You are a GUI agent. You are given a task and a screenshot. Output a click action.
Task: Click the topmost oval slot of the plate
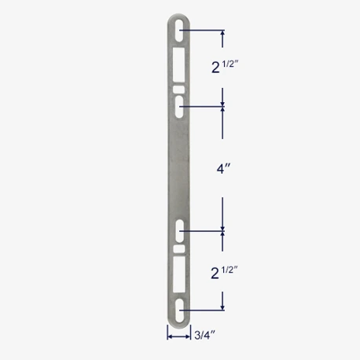coord(179,30)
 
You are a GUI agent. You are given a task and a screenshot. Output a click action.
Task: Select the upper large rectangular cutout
coord(178,64)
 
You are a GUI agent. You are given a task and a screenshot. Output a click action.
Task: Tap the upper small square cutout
coord(178,89)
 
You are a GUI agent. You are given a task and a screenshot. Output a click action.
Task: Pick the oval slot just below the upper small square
coord(179,106)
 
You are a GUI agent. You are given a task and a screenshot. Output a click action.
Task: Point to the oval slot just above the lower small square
coord(179,231)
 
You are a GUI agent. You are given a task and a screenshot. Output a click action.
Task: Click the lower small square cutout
coord(179,249)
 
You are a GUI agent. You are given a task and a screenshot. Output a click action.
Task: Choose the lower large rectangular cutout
coord(179,274)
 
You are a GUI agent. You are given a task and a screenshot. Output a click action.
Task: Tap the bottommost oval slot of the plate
coord(179,310)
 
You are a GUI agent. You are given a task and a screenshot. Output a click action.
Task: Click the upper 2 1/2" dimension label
coord(225,67)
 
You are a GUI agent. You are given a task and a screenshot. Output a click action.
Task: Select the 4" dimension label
coord(223,168)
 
